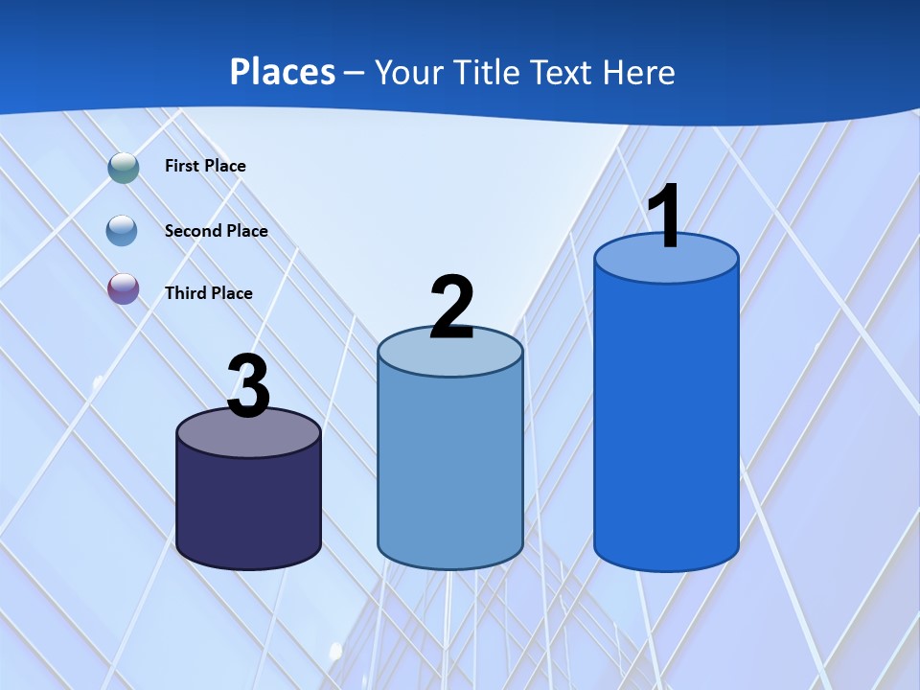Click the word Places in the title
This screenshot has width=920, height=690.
point(283,72)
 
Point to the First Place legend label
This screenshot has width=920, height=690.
point(205,166)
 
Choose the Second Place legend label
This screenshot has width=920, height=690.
point(216,230)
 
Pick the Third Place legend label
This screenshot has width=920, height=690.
point(208,293)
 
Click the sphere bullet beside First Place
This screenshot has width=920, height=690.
point(124,167)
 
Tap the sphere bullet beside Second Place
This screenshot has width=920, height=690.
point(122,230)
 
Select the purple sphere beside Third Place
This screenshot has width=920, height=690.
point(123,288)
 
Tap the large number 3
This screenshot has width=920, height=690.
point(249,386)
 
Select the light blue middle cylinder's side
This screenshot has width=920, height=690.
point(449,470)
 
